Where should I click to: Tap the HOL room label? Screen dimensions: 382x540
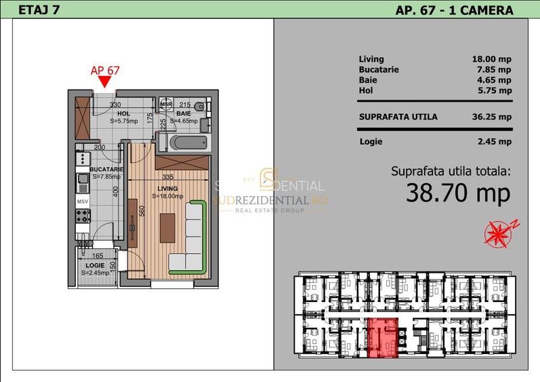[123, 113]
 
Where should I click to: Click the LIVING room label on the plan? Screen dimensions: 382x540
[167, 188]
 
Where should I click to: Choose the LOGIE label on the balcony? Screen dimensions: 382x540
[95, 265]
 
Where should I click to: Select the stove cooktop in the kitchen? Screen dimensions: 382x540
[82, 216]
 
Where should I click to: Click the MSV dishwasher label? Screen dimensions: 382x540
[82, 202]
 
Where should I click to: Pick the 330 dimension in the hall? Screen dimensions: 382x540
[115, 104]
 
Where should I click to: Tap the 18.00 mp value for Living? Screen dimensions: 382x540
[491, 59]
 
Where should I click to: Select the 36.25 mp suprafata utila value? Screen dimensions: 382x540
[491, 116]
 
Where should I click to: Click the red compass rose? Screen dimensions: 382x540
[499, 233]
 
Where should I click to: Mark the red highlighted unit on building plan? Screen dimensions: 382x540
[383, 337]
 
